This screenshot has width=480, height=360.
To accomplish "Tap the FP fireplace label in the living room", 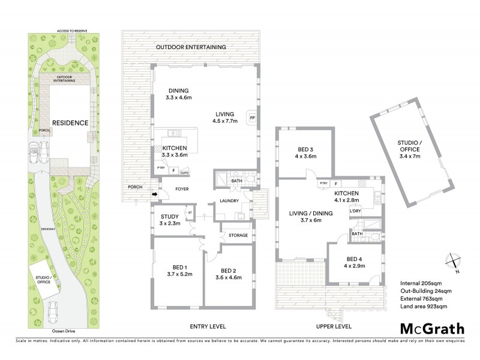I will point(253,118).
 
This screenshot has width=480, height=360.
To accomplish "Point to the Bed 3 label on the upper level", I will point(307,153).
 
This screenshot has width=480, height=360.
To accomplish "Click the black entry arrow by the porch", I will point(154,194).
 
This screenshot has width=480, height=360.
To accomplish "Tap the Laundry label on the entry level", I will point(230,201).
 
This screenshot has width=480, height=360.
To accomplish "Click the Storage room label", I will point(238,235).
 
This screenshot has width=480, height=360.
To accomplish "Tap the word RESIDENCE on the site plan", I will point(70,123).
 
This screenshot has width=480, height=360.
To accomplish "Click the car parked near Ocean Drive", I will point(55,310).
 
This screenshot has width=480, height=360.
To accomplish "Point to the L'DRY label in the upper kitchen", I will point(356,211).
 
